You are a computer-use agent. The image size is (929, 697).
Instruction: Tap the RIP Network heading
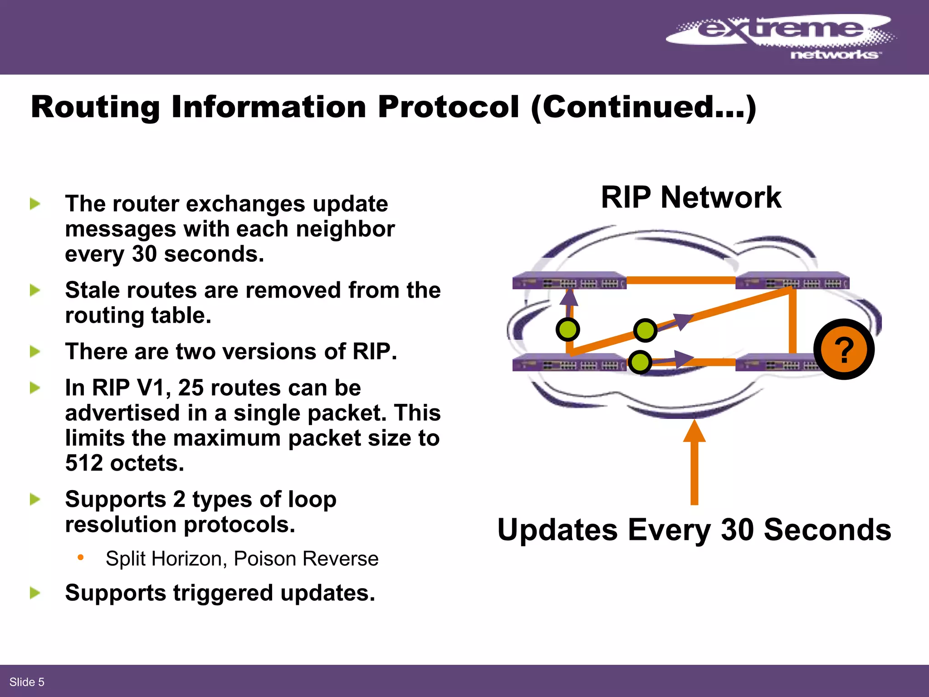[x=691, y=198]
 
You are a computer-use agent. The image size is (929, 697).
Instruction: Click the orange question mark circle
[x=844, y=349]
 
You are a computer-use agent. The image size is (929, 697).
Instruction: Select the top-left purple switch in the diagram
[x=569, y=281]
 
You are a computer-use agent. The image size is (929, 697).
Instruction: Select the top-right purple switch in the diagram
[x=792, y=281]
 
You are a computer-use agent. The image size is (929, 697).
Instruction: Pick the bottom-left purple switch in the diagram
[x=569, y=363]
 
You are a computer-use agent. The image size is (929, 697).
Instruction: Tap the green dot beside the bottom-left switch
[x=640, y=362]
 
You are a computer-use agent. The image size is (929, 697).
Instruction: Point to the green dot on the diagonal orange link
[x=645, y=330]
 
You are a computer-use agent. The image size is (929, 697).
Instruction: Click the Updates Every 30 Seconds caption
[x=694, y=530]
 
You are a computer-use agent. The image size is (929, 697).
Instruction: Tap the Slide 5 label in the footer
[x=27, y=682]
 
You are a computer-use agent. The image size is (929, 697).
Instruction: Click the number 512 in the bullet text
[x=84, y=463]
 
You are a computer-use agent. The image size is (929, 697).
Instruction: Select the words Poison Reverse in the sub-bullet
[x=306, y=559]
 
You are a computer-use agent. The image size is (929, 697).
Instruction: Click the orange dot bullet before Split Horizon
[x=81, y=557]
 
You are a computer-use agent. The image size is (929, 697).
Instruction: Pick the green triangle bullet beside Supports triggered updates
[x=35, y=593]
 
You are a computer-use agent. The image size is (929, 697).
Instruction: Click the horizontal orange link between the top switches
[x=680, y=280]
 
